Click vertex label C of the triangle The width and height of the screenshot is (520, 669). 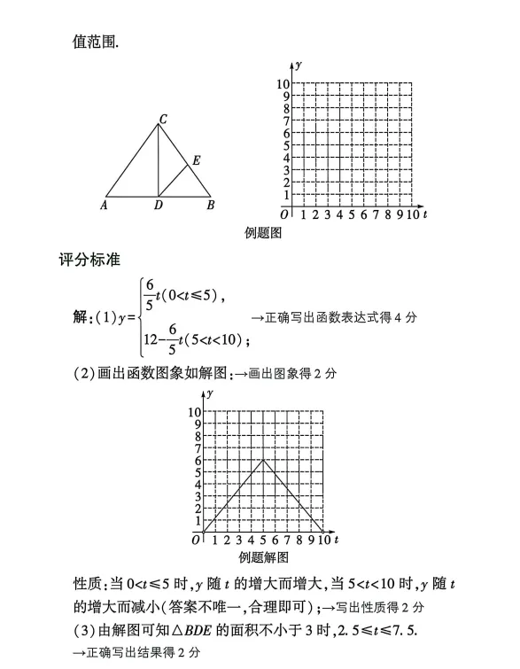164,119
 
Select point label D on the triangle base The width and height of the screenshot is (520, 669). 158,206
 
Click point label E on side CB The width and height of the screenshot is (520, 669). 196,160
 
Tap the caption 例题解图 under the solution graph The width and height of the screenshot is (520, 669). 264,557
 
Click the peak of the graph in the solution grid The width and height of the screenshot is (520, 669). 263,459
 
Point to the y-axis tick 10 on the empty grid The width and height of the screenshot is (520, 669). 283,84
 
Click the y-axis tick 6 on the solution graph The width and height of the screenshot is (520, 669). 198,460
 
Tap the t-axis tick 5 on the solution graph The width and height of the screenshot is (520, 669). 263,540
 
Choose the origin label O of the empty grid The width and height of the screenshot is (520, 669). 284,214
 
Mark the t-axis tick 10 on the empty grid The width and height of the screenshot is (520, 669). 413,214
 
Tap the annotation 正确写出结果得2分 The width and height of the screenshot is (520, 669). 136,652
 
